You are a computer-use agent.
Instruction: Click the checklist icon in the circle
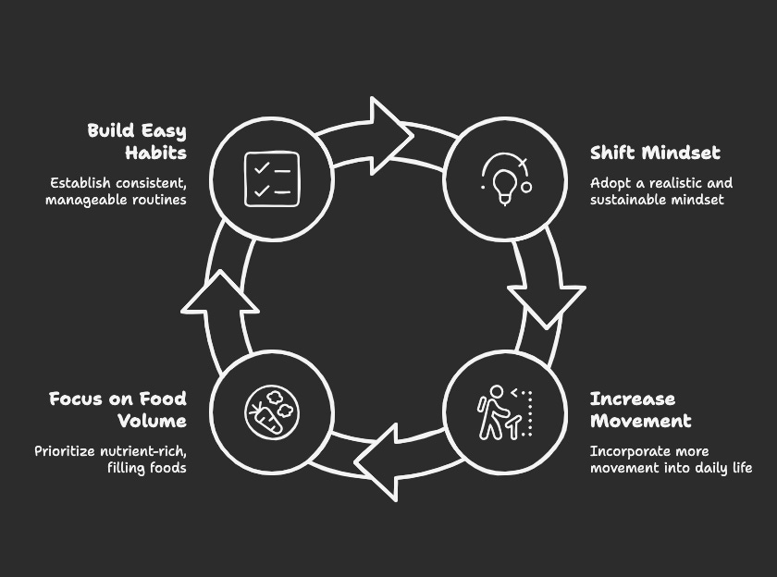(x=271, y=178)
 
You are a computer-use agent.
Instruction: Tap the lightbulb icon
(x=505, y=178)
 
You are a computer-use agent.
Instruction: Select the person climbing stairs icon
(x=505, y=412)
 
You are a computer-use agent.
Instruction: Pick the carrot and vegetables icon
(x=271, y=412)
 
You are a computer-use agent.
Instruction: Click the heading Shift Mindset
(x=655, y=153)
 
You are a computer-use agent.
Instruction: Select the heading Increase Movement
(x=640, y=410)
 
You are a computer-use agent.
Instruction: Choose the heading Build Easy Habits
(x=137, y=141)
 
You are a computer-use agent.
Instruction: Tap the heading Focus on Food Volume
(x=117, y=410)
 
